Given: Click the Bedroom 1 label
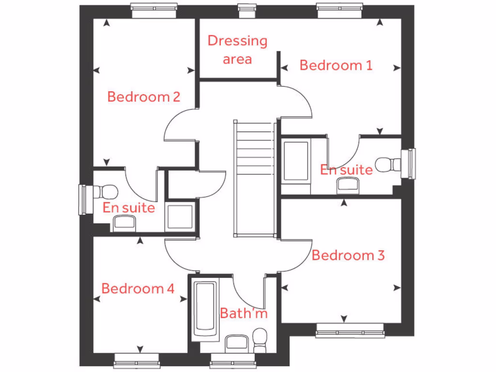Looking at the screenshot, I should click(336, 65).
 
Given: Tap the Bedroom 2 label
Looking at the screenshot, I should click(143, 96).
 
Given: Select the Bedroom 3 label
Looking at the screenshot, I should click(348, 255).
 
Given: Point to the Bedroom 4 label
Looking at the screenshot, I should click(138, 289).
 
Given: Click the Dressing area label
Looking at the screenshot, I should click(237, 50).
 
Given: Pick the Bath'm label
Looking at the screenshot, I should click(244, 313).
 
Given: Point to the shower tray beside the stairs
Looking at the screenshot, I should click(295, 161).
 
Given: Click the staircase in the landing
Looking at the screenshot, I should click(255, 179).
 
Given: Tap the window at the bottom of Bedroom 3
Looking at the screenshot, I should click(350, 331).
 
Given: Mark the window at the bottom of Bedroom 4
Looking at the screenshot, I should click(137, 361).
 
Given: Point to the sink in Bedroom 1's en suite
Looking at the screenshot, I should click(348, 185).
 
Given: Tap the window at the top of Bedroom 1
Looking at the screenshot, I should click(340, 10).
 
